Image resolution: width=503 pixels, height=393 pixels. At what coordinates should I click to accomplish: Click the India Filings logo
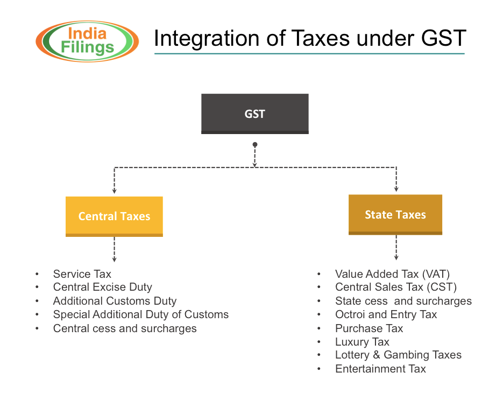click(88, 41)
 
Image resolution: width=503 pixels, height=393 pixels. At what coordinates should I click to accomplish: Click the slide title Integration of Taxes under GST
click(309, 39)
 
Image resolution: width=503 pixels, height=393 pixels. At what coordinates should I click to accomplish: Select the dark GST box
click(254, 114)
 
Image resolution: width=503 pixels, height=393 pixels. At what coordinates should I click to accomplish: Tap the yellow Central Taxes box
click(114, 216)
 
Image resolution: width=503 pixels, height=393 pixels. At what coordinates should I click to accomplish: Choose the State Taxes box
click(395, 215)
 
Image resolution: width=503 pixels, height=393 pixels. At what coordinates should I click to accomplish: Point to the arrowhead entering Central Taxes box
click(114, 191)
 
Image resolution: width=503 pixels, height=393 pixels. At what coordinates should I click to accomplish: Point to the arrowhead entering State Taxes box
click(396, 189)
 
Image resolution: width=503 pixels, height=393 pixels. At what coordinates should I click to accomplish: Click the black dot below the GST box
click(255, 145)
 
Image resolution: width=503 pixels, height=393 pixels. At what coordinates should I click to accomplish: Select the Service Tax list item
click(82, 274)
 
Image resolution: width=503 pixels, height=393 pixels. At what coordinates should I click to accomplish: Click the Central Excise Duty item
click(102, 287)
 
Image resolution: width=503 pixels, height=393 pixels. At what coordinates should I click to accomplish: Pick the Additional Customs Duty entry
click(115, 301)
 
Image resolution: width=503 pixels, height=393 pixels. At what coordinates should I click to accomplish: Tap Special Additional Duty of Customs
click(140, 314)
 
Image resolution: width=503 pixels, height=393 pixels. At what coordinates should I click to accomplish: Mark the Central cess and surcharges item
click(125, 328)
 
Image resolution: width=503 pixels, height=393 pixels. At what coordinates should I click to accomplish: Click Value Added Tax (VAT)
click(392, 274)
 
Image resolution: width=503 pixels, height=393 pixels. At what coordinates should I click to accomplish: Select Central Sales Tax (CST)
click(395, 287)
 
